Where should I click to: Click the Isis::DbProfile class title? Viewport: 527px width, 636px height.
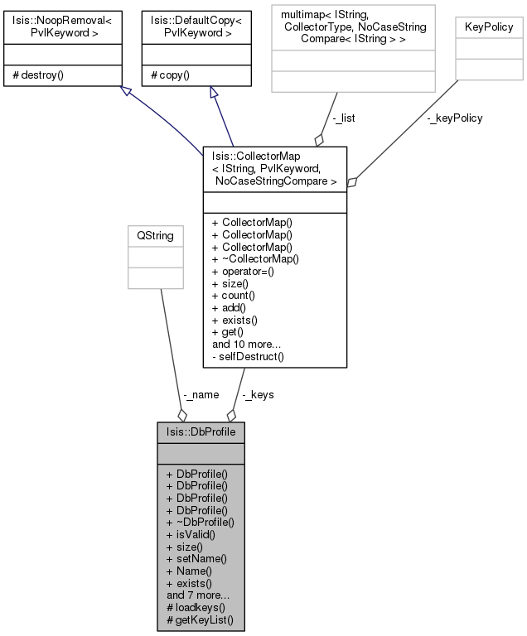tap(201, 432)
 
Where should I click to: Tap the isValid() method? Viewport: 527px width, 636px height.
tap(196, 535)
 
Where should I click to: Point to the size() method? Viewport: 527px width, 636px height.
tap(190, 547)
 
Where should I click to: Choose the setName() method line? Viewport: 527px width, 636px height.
tap(201, 559)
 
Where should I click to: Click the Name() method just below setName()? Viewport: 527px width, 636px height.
tap(194, 571)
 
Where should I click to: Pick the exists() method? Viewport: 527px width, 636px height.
tap(194, 583)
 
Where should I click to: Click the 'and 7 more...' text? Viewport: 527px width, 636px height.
tap(198, 595)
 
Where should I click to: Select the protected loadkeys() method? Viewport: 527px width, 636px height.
tap(200, 607)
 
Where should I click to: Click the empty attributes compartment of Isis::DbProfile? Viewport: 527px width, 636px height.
tap(201, 454)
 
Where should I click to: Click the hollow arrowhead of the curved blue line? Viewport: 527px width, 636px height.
tap(125, 90)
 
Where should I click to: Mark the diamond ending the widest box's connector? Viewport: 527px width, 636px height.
tap(319, 141)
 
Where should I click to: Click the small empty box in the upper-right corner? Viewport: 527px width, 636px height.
tap(489, 49)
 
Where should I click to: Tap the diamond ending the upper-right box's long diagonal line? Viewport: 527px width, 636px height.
tap(352, 182)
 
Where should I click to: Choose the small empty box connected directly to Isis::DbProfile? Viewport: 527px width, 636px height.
tap(156, 258)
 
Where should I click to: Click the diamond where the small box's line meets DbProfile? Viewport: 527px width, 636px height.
tap(182, 415)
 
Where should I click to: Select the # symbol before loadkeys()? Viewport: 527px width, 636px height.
tap(169, 607)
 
